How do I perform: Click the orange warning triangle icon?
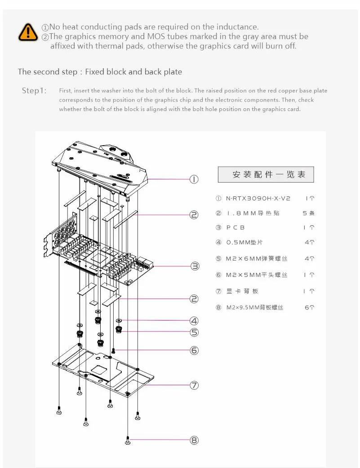[28, 31]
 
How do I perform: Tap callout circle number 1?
[194, 179]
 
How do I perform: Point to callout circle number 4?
[194, 321]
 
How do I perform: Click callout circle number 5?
[194, 333]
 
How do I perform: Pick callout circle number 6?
[194, 350]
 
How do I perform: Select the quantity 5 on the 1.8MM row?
[305, 213]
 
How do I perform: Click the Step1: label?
[34, 91]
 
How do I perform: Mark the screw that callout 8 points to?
[128, 441]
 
